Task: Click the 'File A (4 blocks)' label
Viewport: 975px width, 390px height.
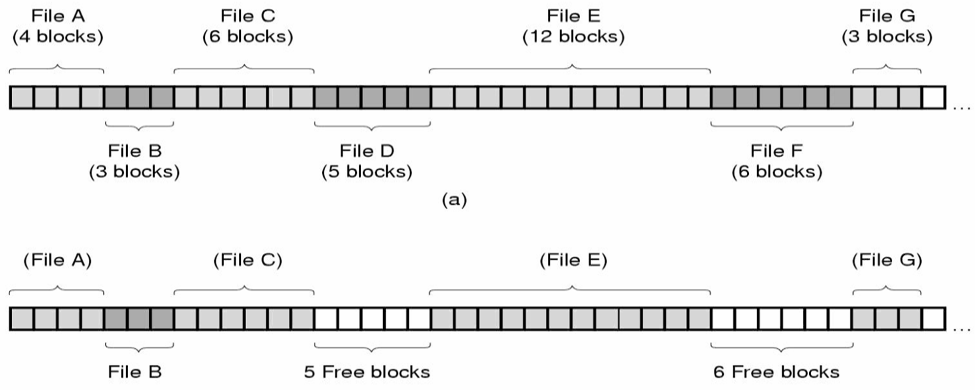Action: (58, 26)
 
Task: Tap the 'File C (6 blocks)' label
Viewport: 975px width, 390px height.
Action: (248, 26)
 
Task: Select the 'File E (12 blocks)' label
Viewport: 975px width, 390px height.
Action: (573, 26)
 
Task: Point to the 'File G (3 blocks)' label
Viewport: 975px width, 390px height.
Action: (887, 26)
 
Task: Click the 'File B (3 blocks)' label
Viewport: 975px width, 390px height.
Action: (135, 162)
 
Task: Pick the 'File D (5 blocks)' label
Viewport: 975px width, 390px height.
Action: (367, 162)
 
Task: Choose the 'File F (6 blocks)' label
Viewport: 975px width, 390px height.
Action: (777, 162)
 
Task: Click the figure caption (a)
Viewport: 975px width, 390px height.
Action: (454, 200)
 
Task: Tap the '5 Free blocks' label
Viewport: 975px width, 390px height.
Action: (367, 372)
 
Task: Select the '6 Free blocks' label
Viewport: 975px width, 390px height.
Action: (776, 372)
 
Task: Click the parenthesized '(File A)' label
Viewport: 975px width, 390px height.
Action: (58, 260)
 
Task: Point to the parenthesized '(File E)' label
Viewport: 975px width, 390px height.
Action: (573, 260)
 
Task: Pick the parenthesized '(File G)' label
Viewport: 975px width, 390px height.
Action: (887, 260)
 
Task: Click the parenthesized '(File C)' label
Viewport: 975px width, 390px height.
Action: (248, 260)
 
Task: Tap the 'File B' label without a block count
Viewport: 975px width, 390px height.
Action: (135, 372)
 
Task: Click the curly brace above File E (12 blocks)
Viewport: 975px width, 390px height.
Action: (569, 69)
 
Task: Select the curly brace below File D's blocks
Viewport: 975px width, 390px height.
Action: (372, 126)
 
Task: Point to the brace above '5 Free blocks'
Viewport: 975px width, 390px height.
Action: (372, 347)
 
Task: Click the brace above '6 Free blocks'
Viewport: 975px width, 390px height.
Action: (782, 347)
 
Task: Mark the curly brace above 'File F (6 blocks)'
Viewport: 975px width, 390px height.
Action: (782, 126)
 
